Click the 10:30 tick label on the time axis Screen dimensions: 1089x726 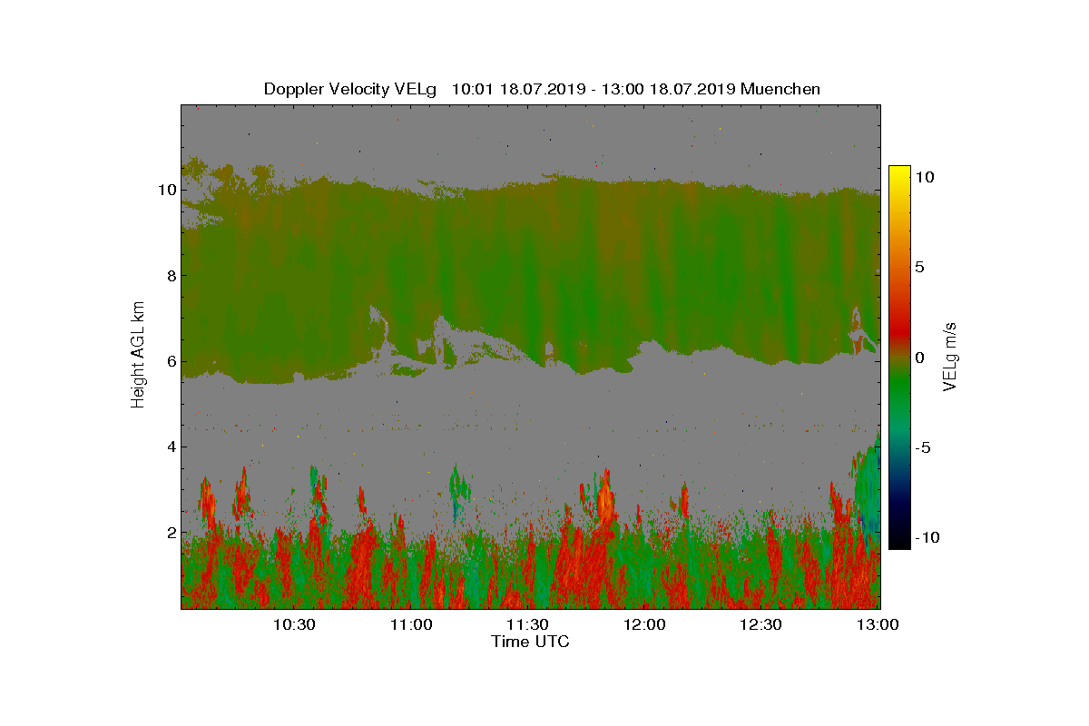[294, 624]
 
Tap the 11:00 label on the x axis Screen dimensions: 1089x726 [411, 624]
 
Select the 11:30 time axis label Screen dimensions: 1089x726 [527, 624]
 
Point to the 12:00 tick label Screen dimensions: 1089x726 [644, 624]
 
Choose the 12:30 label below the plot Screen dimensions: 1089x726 [760, 624]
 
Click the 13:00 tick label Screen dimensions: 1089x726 [878, 624]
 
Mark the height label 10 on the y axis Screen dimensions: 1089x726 [167, 190]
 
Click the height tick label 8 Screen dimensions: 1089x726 [172, 276]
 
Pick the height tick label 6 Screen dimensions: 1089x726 [172, 361]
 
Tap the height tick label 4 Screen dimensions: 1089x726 [172, 446]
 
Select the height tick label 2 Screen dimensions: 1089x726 [172, 533]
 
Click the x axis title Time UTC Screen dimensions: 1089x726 [530, 642]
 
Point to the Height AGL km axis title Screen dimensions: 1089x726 [138, 355]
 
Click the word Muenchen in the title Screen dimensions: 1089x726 [780, 89]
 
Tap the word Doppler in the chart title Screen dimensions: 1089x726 [294, 90]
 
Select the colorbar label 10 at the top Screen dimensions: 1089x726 [925, 177]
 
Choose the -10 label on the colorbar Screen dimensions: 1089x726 [927, 537]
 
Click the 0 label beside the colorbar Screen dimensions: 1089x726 [919, 358]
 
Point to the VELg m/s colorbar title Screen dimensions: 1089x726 [949, 357]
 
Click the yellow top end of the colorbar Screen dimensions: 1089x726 [899, 167]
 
